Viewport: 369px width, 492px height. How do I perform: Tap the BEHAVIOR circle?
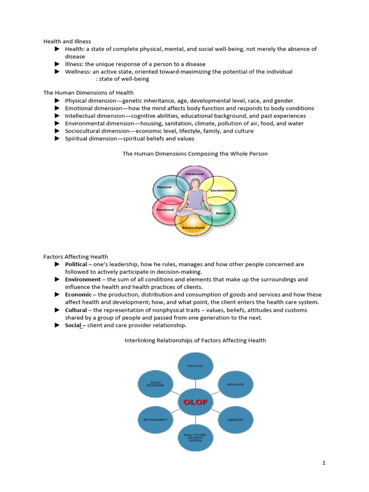235,385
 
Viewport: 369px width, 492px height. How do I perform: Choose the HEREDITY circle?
235,419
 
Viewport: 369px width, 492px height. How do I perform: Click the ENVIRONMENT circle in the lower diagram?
155,419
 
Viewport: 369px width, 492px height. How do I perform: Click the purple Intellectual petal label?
195,174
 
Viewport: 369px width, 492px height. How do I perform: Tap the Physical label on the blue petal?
164,187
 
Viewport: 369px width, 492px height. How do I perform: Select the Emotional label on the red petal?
165,209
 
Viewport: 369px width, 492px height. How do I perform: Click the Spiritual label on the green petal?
223,213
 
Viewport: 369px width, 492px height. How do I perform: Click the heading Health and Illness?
67,41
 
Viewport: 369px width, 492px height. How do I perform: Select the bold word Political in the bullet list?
76,264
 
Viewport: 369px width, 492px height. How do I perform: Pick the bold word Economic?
78,295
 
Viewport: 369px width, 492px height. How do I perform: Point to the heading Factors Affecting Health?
75,257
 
